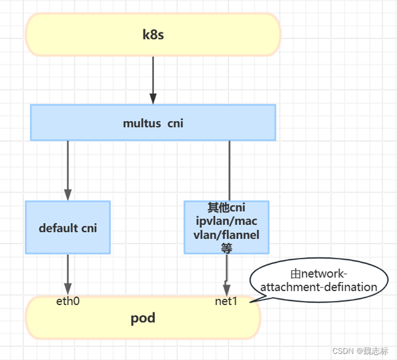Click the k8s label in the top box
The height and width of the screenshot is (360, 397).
pos(153,34)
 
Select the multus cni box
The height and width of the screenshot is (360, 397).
pos(153,122)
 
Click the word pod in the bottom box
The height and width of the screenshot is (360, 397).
pos(143,318)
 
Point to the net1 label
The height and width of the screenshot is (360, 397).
pos(226,301)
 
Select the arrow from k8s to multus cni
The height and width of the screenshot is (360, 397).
pos(153,79)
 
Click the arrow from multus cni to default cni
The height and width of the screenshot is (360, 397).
pos(67,169)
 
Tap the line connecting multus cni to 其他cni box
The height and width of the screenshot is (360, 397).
pos(229,170)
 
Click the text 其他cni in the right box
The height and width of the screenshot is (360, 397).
pos(226,208)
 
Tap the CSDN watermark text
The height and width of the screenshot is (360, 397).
pos(342,351)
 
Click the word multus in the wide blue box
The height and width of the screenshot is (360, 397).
pos(139,123)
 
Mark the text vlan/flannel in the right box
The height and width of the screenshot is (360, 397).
pos(226,234)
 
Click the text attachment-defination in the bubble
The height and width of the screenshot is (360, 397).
pos(319,287)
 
